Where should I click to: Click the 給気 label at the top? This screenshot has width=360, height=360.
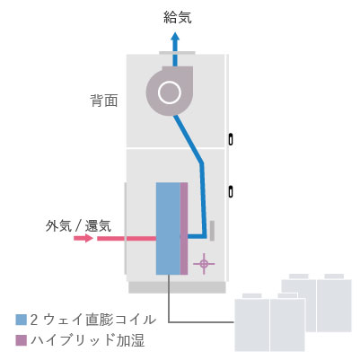click(x=178, y=17)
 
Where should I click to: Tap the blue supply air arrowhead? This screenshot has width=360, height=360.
click(x=175, y=38)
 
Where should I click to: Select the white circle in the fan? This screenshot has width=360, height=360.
click(x=170, y=92)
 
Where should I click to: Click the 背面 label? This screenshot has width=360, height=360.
click(x=104, y=101)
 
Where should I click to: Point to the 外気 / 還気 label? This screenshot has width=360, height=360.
click(x=78, y=225)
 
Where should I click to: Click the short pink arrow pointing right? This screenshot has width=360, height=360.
click(x=83, y=238)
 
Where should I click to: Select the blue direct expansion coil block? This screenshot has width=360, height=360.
click(x=168, y=228)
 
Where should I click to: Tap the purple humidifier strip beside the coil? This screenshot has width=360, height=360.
click(x=184, y=228)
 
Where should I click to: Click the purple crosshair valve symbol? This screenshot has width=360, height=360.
click(x=204, y=264)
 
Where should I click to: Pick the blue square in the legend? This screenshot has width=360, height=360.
click(x=22, y=320)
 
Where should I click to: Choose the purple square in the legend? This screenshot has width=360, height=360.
click(x=22, y=340)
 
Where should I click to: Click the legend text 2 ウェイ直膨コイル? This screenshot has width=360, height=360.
click(x=93, y=320)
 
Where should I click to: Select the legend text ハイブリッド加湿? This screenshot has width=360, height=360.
click(x=87, y=340)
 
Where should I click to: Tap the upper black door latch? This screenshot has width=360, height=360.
click(x=231, y=139)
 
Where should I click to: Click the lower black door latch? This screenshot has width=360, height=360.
click(x=231, y=191)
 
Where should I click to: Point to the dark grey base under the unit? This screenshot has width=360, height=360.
click(x=177, y=287)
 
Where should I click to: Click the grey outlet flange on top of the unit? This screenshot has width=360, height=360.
click(x=177, y=53)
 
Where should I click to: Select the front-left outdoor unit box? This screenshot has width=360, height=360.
click(x=252, y=325)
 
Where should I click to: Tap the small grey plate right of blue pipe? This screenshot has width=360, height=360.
click(x=212, y=231)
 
